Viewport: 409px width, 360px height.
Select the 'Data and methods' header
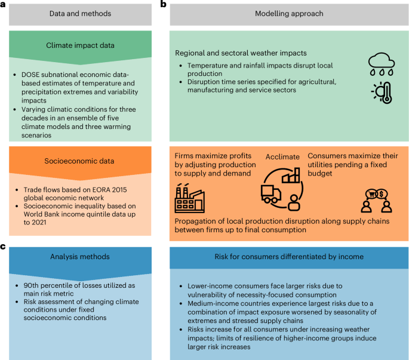click(x=80, y=13)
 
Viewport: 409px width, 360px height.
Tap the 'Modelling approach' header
click(x=288, y=13)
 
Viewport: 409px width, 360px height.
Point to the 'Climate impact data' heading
click(x=80, y=45)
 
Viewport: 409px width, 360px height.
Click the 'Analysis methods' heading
click(x=80, y=257)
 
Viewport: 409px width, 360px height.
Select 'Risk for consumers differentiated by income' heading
click(x=288, y=257)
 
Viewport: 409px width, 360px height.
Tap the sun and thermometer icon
click(x=380, y=93)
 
